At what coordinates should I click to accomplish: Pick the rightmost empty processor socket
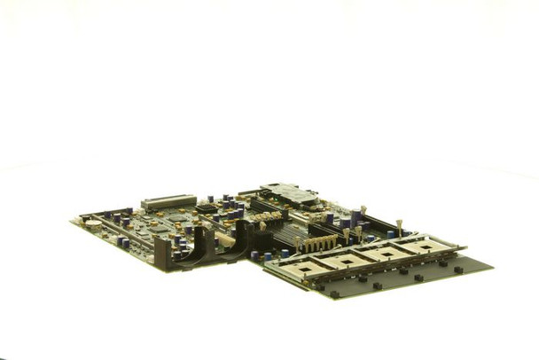pyautogui.click(x=430, y=246)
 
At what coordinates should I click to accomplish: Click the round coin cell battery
pyautogui.click(x=93, y=224)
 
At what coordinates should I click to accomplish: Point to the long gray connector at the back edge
pyautogui.click(x=168, y=202)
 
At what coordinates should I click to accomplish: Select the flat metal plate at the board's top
pyautogui.click(x=288, y=193)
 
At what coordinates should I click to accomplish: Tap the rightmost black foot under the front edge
pyautogui.click(x=458, y=269)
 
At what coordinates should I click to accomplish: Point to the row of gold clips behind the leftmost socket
pyautogui.click(x=321, y=243)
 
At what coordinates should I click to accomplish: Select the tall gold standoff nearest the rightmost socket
pyautogui.click(x=400, y=228)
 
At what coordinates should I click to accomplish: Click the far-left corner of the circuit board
pyautogui.click(x=73, y=222)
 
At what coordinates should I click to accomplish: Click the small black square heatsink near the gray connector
pyautogui.click(x=206, y=207)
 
